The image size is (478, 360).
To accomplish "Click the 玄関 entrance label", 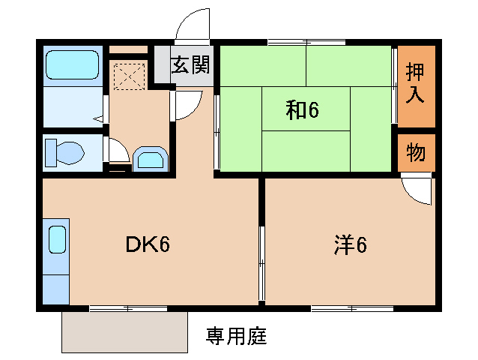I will (x=190, y=64).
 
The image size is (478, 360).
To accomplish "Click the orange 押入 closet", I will (x=415, y=84).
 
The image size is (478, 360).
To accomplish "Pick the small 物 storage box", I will (x=415, y=153).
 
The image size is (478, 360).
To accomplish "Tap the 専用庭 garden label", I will (x=236, y=336).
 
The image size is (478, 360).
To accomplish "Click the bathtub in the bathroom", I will (x=73, y=66).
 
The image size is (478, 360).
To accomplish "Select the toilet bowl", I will (x=64, y=154).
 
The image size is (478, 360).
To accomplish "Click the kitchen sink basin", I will (x=58, y=241).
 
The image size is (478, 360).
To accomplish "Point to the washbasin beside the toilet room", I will (x=152, y=159).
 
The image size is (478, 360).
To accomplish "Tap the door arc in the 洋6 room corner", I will (x=417, y=190).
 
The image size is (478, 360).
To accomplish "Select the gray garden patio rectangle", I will (x=124, y=331).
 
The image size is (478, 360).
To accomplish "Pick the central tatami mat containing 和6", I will (x=306, y=109).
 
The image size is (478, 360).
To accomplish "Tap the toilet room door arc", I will (x=116, y=151).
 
